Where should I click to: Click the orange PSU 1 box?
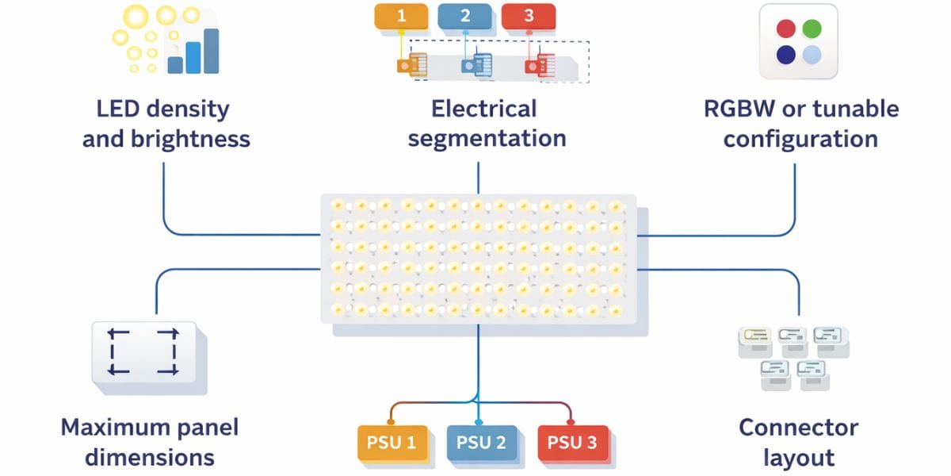coord(391,443)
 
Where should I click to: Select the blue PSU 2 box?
coord(481,443)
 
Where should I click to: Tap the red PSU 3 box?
coord(571,443)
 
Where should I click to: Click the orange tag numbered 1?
coord(401,16)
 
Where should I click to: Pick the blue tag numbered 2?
coord(464,16)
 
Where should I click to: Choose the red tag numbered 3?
coord(529,16)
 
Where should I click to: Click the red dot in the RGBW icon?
coord(785,29)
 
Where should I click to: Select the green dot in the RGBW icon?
coord(812,29)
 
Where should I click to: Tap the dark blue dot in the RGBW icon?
coord(785,55)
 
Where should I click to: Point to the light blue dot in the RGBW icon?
coord(812,55)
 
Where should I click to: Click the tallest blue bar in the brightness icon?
coord(211,51)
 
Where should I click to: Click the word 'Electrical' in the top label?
coord(483,109)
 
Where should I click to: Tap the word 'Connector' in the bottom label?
coord(798,428)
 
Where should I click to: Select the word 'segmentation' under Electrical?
coord(487,139)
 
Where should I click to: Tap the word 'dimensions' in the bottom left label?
coord(150,458)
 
